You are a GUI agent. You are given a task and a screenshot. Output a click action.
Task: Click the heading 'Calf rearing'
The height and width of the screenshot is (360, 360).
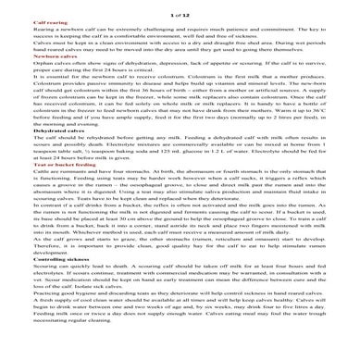pyautogui.click(x=50, y=18)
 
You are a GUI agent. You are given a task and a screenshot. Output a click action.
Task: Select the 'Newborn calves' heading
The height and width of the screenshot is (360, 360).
pyautogui.click(x=55, y=56)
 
